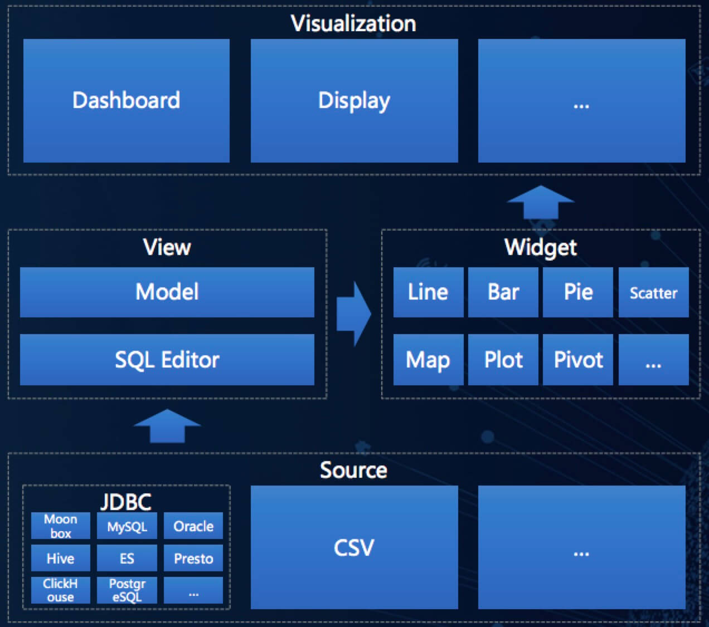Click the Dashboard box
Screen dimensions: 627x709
[127, 101]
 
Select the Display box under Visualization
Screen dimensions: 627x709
[354, 101]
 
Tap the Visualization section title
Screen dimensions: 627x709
[353, 23]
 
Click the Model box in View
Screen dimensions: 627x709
[167, 292]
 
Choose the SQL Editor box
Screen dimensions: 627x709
[167, 360]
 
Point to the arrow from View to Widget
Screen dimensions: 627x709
[353, 314]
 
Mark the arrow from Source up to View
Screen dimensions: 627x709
[167, 426]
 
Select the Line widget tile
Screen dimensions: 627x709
[428, 292]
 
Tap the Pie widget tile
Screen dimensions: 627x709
[578, 292]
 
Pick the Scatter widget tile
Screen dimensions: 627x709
[653, 292]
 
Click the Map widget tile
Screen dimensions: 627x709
[428, 360]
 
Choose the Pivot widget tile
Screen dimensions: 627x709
[578, 360]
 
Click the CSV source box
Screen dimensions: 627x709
[354, 547]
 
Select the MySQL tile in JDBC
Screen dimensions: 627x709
[127, 526]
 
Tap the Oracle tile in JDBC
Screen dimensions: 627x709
[193, 526]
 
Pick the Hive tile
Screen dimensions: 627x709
[60, 559]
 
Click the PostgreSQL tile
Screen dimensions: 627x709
[127, 590]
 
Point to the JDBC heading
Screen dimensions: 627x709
[126, 502]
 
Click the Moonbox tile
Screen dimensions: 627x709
[60, 526]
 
